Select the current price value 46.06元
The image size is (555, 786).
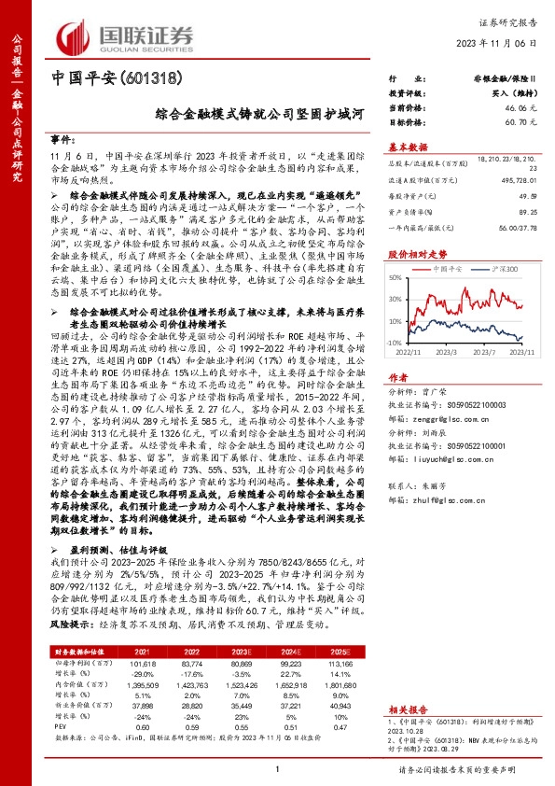tap(521, 108)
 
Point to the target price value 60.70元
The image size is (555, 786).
tap(521, 121)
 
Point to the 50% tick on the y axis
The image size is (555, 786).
tap(395, 277)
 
